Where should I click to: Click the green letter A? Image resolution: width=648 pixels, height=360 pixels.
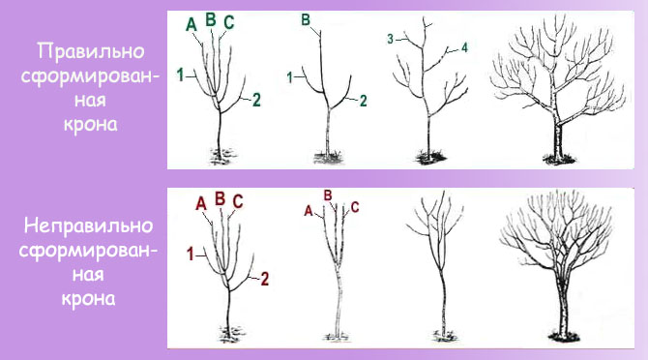[191, 24]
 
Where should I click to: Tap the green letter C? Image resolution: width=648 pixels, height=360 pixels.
[228, 22]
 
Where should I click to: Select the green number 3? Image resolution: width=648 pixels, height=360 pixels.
[391, 39]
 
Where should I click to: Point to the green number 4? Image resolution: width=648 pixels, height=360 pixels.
[464, 48]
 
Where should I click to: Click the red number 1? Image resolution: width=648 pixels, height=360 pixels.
[191, 254]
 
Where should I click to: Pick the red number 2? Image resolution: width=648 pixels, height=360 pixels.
[264, 279]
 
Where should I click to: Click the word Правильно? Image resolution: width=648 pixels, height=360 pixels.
[91, 51]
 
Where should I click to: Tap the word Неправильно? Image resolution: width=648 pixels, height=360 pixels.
[88, 226]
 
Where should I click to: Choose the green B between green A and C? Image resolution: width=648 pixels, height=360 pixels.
[211, 19]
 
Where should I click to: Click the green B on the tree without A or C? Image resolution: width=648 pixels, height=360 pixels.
[306, 20]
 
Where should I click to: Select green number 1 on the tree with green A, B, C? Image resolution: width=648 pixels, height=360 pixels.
[180, 75]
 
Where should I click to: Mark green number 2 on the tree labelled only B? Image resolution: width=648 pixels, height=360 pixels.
[364, 101]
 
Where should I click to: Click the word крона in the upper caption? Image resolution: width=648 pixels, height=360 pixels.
[91, 125]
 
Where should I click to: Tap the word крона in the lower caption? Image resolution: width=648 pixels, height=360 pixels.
[88, 299]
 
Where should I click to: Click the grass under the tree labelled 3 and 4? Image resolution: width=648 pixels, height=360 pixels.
[429, 157]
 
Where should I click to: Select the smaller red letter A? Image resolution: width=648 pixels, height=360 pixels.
[309, 211]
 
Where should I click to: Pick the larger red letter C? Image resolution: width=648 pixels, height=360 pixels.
[238, 201]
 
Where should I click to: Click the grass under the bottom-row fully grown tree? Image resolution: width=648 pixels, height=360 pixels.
[565, 336]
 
